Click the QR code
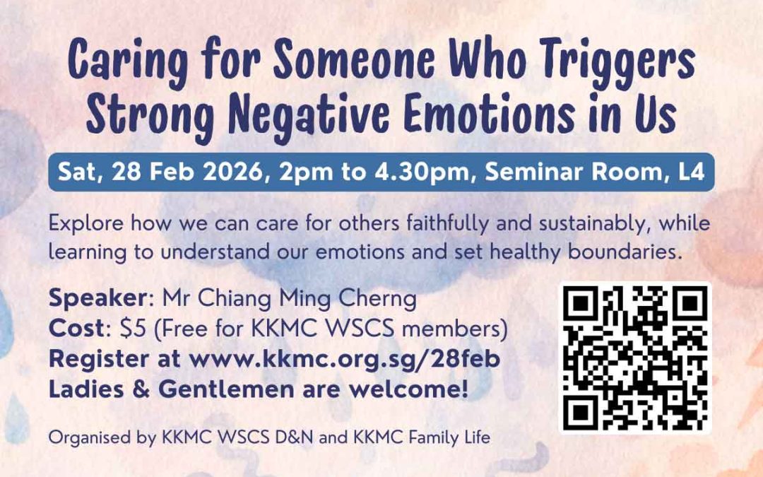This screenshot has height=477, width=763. (x=635, y=358)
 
